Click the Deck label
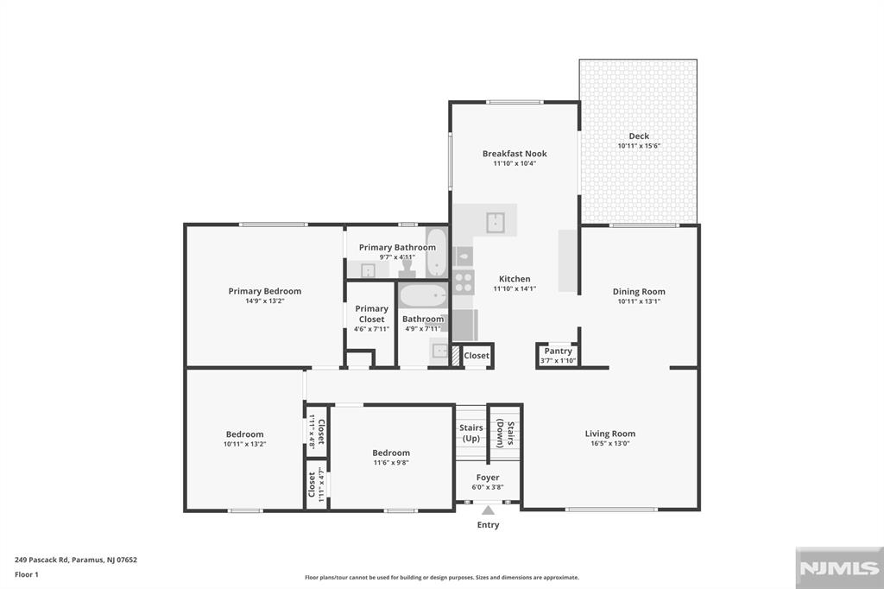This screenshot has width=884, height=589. pyautogui.click(x=639, y=136)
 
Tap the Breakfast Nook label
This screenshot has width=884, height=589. pyautogui.click(x=515, y=154)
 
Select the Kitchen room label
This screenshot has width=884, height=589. pyautogui.click(x=515, y=279)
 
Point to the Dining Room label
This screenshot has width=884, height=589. pyautogui.click(x=639, y=292)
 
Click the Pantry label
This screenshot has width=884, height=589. pyautogui.click(x=558, y=351)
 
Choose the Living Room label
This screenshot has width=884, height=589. pyautogui.click(x=610, y=434)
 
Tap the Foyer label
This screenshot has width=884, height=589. pyautogui.click(x=488, y=478)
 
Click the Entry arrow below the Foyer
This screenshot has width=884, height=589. pyautogui.click(x=488, y=510)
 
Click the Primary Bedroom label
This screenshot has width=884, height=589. pyautogui.click(x=264, y=292)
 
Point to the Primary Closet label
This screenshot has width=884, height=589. pyautogui.click(x=371, y=313)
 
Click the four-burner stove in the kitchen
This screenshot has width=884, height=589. pyautogui.click(x=464, y=282)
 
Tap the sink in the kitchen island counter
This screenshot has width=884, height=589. pyautogui.click(x=496, y=222)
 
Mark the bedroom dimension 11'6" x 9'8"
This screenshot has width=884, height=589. pyautogui.click(x=390, y=463)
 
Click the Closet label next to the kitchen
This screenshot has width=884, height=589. pyautogui.click(x=477, y=356)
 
